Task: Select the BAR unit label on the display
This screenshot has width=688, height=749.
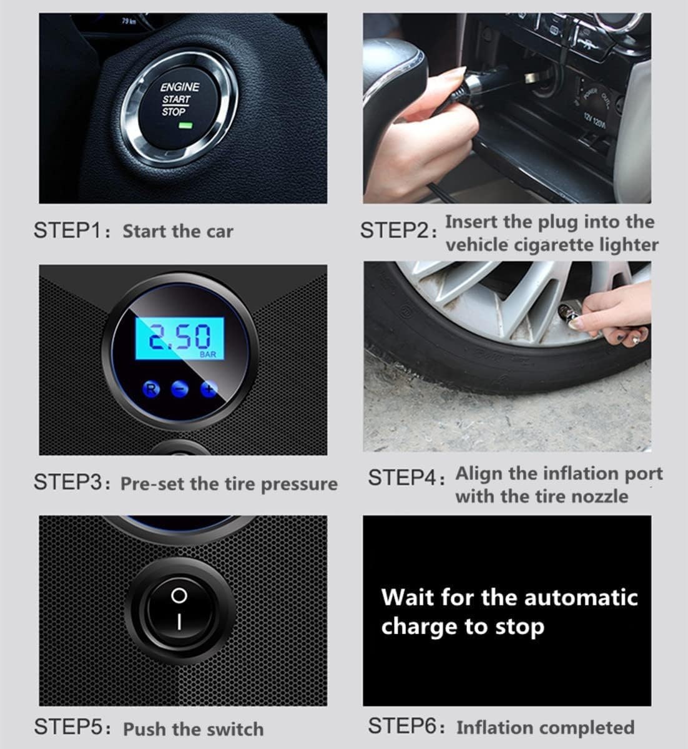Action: click(x=208, y=355)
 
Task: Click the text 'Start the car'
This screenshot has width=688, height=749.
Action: click(x=178, y=232)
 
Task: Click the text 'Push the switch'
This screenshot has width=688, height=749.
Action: click(x=194, y=729)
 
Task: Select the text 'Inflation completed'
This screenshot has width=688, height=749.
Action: click(x=545, y=728)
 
